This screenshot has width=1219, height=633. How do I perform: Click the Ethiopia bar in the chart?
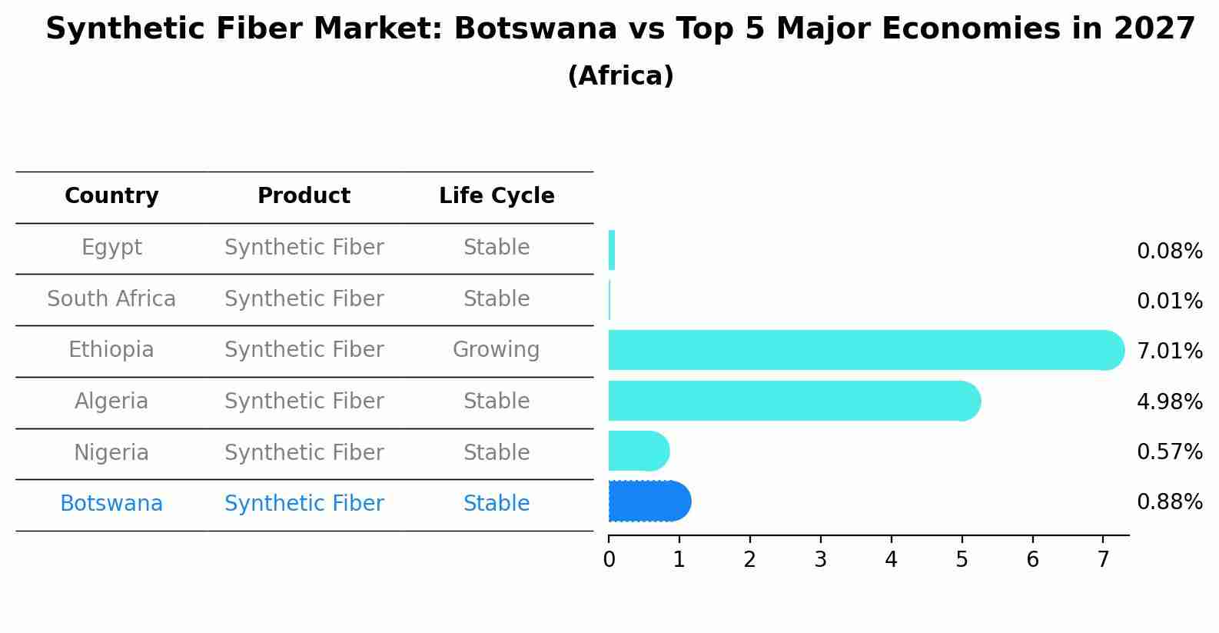pos(866,350)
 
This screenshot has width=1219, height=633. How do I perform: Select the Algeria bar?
pos(795,401)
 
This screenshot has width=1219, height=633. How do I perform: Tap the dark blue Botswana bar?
pos(649,501)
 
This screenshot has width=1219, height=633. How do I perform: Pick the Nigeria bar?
pos(639,451)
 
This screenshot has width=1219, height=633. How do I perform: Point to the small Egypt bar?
pos(612,250)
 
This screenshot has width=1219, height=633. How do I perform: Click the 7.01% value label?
pos(1170,351)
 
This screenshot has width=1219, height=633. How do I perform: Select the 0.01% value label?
pos(1170,301)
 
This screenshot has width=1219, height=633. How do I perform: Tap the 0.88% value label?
pos(1170,501)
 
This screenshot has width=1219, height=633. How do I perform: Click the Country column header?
pos(111,195)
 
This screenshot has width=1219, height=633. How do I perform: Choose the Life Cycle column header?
pos(497,195)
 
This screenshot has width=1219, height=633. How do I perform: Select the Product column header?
pos(304,195)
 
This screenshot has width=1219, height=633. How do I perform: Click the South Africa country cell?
pos(111,298)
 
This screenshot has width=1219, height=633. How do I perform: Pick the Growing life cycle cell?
pos(497,350)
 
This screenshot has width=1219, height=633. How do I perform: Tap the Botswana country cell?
pos(111,503)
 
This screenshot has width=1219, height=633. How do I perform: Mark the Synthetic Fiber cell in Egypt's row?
pos(304,248)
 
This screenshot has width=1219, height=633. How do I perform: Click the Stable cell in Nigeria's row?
pos(497,452)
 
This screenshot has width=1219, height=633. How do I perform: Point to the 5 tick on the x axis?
pos(962,538)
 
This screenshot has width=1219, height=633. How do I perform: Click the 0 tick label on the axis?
pos(609,559)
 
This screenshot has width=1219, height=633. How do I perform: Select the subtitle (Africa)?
pos(620,75)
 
